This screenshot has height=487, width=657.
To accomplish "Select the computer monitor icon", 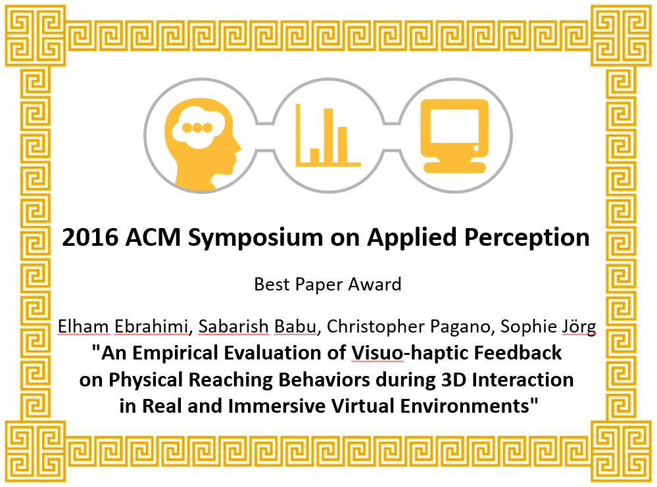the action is click(x=454, y=136).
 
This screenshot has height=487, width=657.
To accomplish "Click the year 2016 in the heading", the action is click(x=90, y=237).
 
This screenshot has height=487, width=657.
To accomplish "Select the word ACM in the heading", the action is click(x=153, y=237).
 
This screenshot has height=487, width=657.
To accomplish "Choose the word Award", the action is click(x=375, y=285).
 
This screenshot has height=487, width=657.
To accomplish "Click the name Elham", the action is click(x=83, y=327).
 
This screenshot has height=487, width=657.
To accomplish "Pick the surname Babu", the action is click(x=295, y=327).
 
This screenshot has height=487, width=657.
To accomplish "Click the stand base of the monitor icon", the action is click(x=454, y=167).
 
